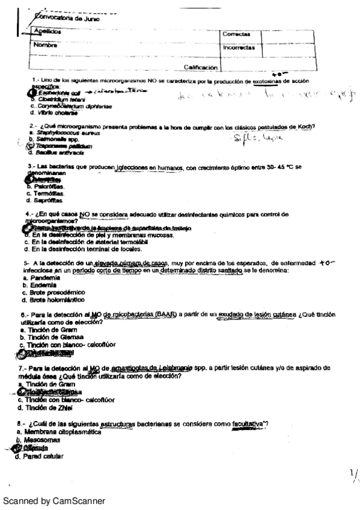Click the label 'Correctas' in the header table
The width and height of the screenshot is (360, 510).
tap(236, 34)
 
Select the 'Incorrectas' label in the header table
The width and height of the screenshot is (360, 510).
tap(239, 47)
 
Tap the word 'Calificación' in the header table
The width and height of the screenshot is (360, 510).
tap(203, 67)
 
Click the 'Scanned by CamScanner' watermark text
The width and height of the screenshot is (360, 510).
tap(53, 500)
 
